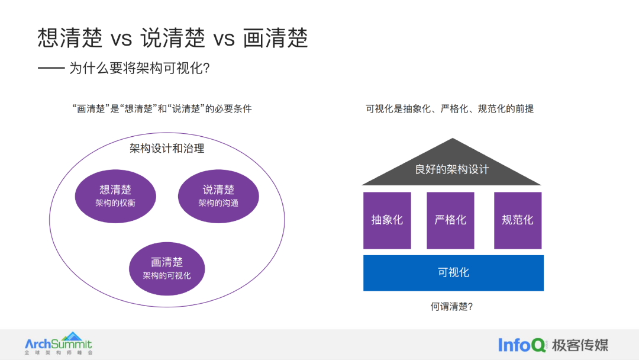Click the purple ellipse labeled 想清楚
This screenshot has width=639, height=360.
pos(115,195)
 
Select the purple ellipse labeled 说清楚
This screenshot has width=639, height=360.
pos(218,195)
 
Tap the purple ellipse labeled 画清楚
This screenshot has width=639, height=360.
pos(167,268)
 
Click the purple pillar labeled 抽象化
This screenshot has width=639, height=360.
pos(387,220)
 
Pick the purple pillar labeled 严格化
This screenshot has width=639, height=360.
pos(450,220)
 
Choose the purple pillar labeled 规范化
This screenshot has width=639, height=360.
pos(518,220)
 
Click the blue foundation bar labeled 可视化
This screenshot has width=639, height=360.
pos(453,273)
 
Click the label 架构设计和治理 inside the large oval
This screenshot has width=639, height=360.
pos(167,149)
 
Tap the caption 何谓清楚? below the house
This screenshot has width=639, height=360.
pos(452,307)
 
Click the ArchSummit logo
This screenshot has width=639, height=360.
pos(59,343)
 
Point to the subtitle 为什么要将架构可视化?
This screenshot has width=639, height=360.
pos(140,69)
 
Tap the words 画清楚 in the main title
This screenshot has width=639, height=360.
pos(276,38)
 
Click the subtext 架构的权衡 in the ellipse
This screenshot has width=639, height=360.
pos(115,203)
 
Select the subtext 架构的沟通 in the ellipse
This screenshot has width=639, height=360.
pos(218,203)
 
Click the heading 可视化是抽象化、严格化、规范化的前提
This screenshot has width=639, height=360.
pos(450,109)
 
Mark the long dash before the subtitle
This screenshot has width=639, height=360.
pos(51,69)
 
